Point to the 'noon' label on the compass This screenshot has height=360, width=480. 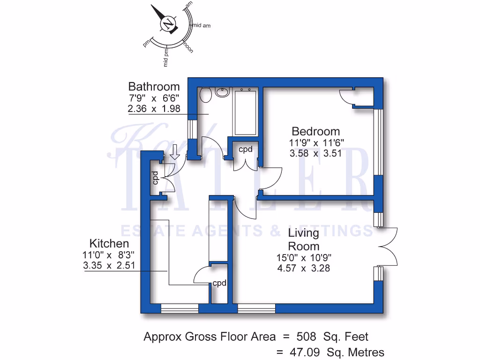tap(188, 47)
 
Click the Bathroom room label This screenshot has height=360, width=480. tap(154, 87)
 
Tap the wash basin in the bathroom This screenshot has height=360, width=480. tap(222, 92)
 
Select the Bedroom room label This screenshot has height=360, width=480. tap(315, 131)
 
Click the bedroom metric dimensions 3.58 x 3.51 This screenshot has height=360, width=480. tap(315, 153)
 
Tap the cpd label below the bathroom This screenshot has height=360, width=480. tap(246, 150)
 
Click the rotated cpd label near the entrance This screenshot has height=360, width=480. tap(155, 178)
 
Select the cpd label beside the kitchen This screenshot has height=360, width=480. tap(219, 283)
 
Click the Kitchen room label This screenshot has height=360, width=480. tap(109, 244)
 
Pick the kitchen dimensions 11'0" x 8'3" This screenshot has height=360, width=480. tap(109, 255)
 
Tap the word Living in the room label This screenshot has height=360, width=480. tap(303, 233)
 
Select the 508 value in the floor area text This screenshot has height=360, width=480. tap(307, 337)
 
